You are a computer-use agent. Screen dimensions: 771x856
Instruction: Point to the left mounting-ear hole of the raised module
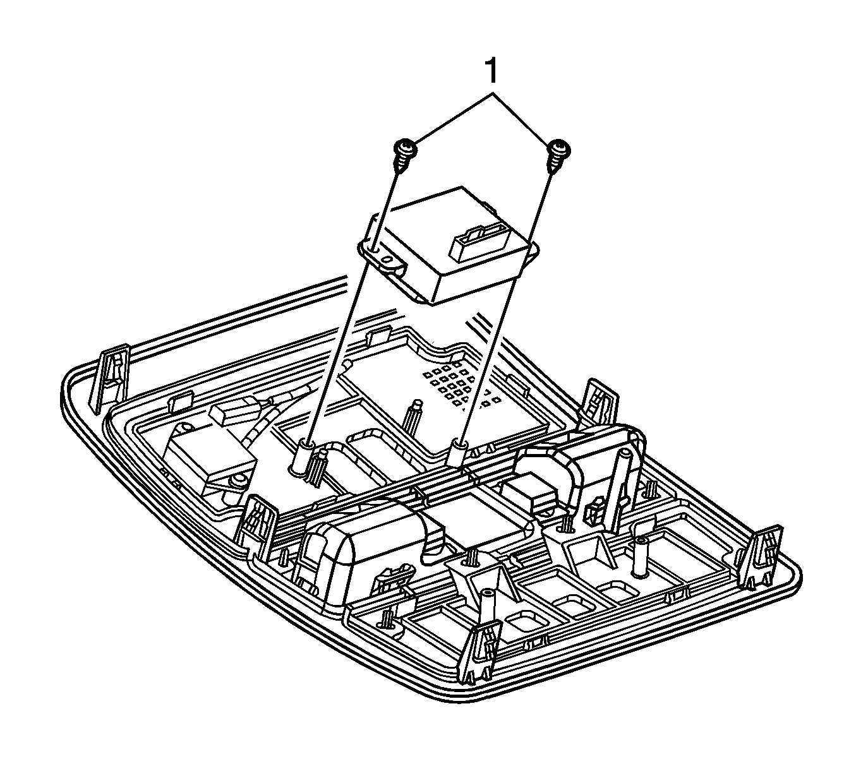coord(375,251)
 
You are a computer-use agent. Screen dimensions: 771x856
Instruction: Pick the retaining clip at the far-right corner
coord(763,556)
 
